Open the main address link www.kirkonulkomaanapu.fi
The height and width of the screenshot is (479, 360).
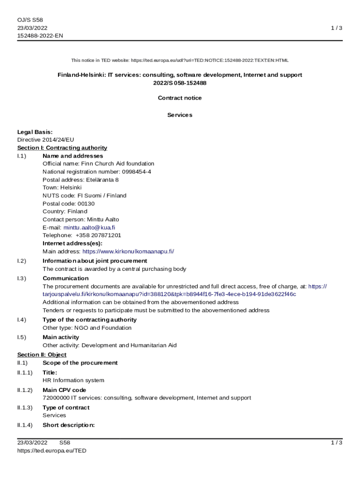coord(128,251)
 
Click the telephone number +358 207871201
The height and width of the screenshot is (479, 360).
coord(98,235)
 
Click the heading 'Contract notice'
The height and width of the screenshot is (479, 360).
coord(180,98)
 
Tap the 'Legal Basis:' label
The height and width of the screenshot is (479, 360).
coord(35,132)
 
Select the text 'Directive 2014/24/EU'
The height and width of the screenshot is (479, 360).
coord(46,140)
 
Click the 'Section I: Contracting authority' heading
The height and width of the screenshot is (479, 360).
coord(62,148)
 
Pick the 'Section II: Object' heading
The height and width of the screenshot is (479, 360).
coord(42,355)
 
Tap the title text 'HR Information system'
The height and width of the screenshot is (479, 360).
coord(73,380)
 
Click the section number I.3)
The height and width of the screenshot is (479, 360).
coord(22,278)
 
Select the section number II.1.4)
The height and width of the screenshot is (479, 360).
coord(25,425)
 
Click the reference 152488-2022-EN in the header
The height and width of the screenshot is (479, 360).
coord(40,36)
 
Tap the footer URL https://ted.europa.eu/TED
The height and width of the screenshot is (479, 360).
coord(52,450)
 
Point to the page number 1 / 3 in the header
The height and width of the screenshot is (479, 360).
coord(337,28)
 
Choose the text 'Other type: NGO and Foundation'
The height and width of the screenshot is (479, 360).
coord(87,328)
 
